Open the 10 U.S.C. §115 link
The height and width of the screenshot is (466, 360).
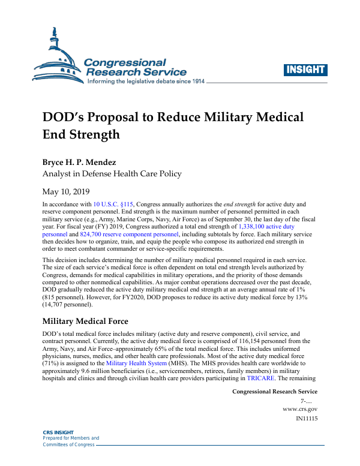(114, 205)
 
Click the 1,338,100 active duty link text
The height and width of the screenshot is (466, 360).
(266, 227)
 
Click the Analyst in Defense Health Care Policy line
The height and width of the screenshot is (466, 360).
(112, 174)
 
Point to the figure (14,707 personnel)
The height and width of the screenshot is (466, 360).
(73, 304)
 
